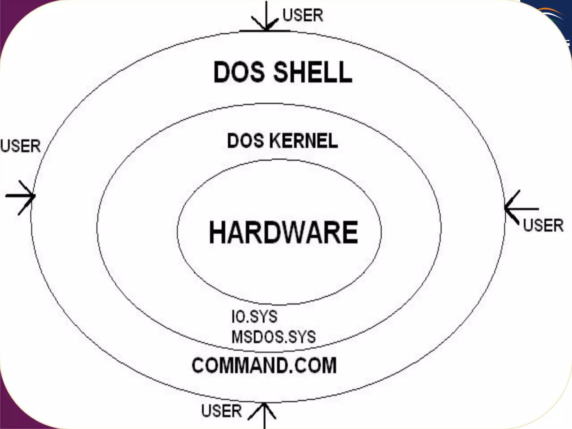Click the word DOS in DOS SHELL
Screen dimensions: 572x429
239,72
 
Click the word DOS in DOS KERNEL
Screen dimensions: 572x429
245,141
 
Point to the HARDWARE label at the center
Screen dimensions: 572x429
283,232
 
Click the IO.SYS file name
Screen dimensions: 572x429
254,316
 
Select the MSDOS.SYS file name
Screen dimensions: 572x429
274,337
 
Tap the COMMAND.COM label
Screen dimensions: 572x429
264,365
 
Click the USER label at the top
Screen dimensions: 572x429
303,15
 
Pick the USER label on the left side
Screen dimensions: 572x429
21,146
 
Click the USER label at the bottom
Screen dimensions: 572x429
221,411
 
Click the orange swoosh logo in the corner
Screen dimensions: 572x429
552,14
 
